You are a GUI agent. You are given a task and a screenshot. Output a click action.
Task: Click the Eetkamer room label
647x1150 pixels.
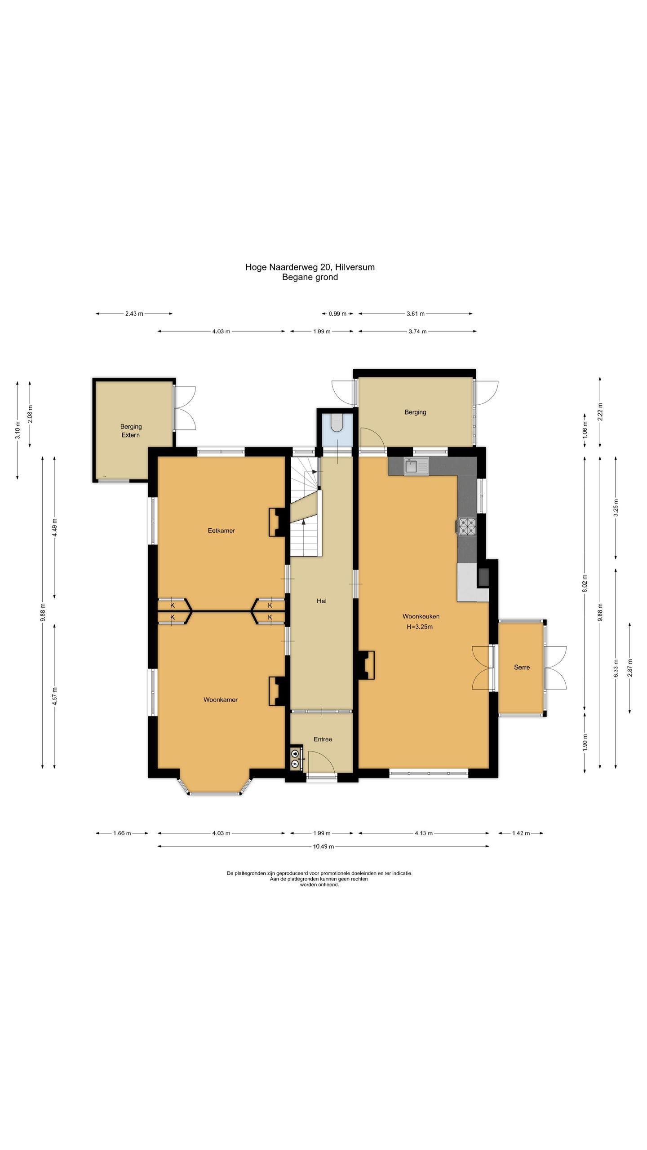pos(221,531)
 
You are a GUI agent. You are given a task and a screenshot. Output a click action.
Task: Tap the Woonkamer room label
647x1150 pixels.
pos(220,699)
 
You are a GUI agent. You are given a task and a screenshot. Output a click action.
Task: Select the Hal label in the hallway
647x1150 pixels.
pos(321,601)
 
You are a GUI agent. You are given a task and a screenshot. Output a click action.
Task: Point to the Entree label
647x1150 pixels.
pos(323,739)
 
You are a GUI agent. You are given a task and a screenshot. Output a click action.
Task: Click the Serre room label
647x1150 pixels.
pos(522,667)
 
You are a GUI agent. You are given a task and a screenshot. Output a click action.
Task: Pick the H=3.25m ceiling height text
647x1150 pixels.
pos(420,627)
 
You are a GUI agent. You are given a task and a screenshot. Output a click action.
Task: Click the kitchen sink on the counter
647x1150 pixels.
pos(416,466)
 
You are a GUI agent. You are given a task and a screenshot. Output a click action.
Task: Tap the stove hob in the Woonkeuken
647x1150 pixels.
pos(467,526)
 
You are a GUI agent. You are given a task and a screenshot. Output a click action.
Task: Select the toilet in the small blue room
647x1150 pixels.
pos(336,422)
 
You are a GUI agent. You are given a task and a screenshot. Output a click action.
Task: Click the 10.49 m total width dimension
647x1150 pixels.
pos(323,846)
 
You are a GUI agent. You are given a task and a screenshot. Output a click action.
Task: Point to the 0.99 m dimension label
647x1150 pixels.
pos(337,314)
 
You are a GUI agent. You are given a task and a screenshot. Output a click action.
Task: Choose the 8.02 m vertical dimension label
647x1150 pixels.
pos(585,584)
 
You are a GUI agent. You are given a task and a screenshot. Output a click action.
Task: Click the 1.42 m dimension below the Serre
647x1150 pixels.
pos(521,833)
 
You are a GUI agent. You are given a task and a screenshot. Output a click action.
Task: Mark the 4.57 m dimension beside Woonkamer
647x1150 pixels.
pos(54,696)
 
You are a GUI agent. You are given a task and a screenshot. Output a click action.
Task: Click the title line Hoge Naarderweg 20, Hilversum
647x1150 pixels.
pos(310,267)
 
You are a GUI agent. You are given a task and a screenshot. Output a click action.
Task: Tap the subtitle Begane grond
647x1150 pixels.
pos(310,277)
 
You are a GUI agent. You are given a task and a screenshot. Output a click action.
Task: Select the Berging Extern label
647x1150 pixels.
pos(131,431)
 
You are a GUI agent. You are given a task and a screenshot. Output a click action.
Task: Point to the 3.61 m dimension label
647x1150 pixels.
pos(416,314)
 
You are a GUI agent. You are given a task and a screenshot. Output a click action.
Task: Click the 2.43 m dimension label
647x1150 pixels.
pos(134,314)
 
